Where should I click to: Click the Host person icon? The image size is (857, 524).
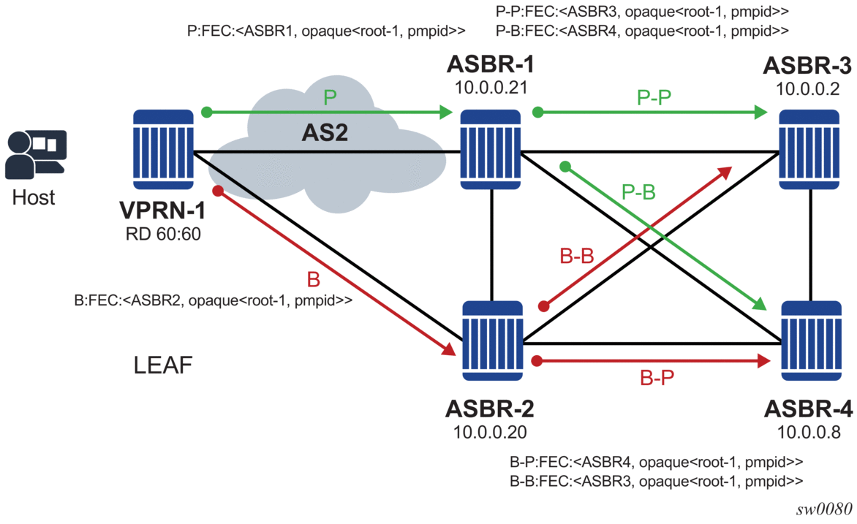coord(35,154)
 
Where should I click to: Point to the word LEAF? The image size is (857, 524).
coord(163,365)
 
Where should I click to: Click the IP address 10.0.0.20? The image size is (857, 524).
coord(491,431)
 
